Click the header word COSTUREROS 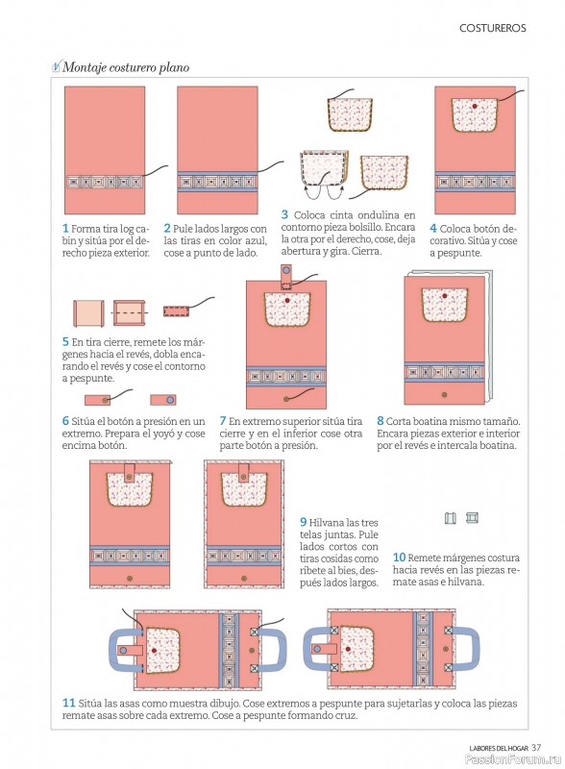492,28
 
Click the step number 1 65,229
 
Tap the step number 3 284,214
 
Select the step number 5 65,342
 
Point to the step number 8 381,421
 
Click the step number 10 399,558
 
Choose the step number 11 68,703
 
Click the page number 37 536,748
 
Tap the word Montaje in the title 84,67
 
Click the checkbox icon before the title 57,66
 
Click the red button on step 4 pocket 475,106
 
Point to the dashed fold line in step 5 130,312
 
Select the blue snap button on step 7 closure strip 287,270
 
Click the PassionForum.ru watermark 513,759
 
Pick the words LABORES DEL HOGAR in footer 499,749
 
